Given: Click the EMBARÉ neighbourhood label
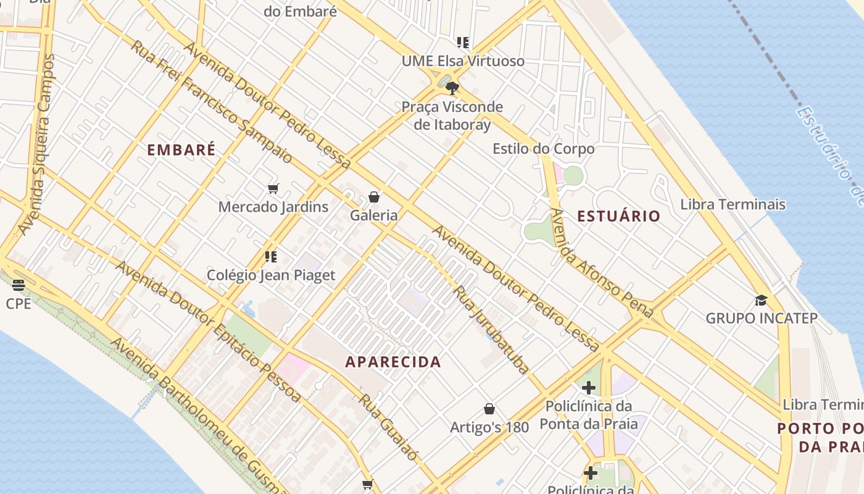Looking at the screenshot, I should [x=181, y=149].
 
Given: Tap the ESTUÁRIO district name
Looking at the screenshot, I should [x=618, y=216].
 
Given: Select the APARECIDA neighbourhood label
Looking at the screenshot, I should [x=393, y=362].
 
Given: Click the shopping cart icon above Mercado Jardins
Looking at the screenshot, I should [x=273, y=188].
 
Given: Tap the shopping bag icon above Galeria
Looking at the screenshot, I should [x=373, y=197].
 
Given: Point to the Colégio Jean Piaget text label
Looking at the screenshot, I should [x=271, y=275].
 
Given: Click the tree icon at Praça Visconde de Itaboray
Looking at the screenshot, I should [x=452, y=88].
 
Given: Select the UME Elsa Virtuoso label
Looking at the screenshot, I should [x=463, y=61].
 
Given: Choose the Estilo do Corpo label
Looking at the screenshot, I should [x=543, y=149].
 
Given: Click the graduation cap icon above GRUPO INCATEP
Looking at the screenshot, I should [x=761, y=300].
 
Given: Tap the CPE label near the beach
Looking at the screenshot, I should [x=19, y=304].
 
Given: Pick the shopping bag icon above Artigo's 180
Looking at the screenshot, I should [x=489, y=409].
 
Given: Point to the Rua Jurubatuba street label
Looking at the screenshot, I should [x=491, y=329].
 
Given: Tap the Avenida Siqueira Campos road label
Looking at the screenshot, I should [x=36, y=145].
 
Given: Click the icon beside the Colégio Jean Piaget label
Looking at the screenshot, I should [x=270, y=256].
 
